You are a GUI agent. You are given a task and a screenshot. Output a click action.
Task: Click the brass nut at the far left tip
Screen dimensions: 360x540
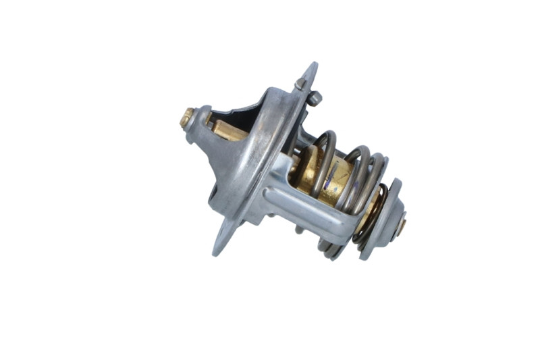[187, 118]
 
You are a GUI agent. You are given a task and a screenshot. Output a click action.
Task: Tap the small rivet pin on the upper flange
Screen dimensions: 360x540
[300, 83]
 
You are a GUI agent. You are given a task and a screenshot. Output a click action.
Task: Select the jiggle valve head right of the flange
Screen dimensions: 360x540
[315, 99]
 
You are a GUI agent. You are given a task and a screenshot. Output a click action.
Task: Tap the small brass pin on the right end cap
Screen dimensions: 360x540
[402, 225]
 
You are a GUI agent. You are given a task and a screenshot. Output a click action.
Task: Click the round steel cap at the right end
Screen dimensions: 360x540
[388, 220]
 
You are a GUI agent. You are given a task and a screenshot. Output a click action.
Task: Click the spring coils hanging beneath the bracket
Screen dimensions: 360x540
[330, 251]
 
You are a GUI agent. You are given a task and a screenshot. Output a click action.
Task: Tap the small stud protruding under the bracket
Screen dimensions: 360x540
[300, 230]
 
